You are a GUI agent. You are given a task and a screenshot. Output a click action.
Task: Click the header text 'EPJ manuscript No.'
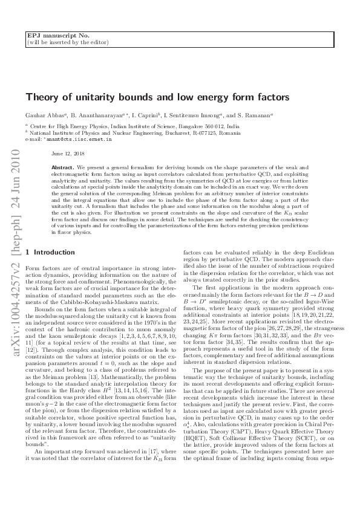click(50, 36)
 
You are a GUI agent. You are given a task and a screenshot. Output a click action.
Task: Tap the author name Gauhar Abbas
click(41, 115)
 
